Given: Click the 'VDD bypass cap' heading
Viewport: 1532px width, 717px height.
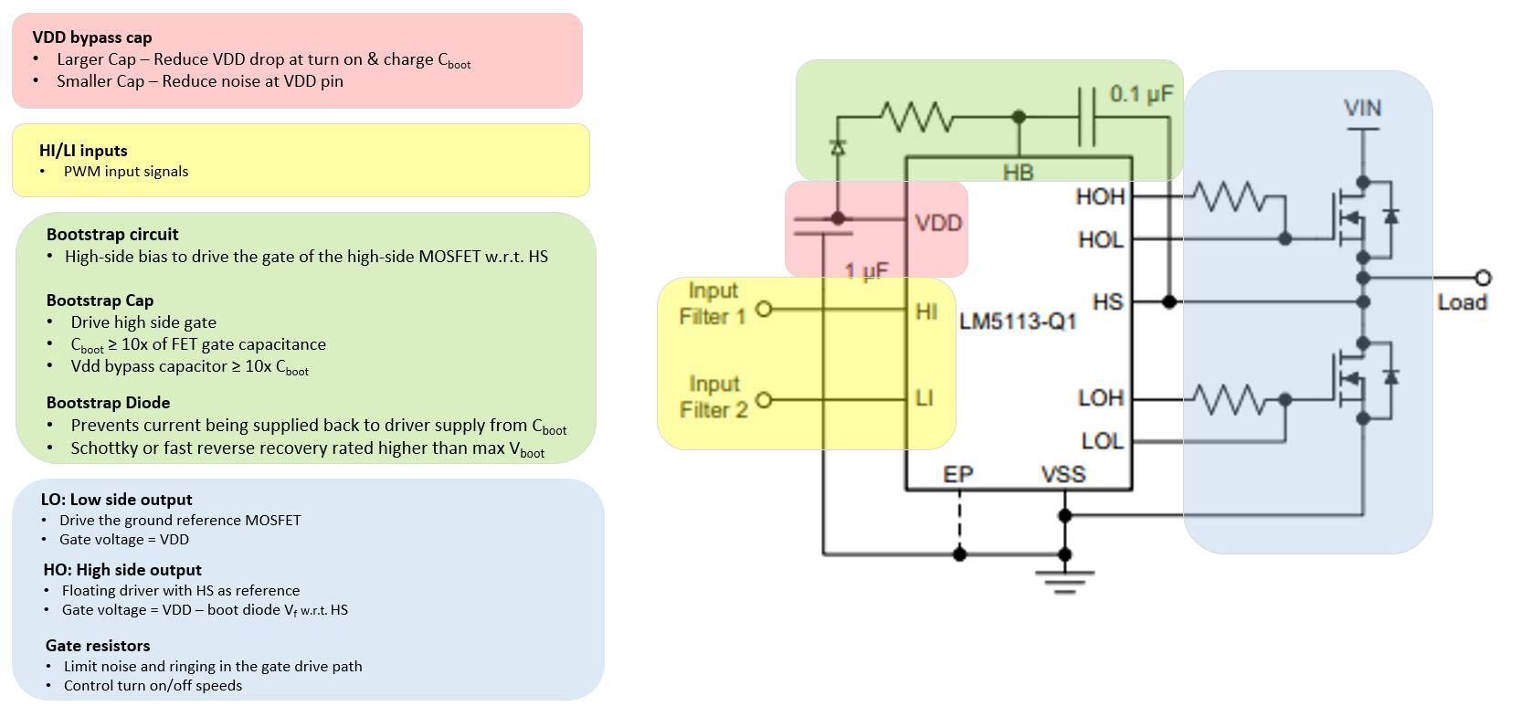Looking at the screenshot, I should point(92,37).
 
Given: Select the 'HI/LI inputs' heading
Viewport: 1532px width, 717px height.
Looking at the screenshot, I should point(83,151).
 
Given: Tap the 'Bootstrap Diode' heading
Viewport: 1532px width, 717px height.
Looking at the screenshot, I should point(108,403).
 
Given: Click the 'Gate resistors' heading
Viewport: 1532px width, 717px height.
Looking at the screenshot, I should point(98,646).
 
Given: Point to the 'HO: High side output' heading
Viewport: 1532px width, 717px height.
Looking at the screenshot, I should point(122,570).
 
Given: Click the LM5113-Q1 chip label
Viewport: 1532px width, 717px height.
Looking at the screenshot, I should point(1018,322).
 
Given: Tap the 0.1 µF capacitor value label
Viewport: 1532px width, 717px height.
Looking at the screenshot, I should point(1141,94).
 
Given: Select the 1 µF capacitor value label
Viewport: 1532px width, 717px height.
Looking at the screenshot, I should point(866,270).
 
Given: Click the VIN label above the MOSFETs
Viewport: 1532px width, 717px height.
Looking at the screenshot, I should point(1362,108).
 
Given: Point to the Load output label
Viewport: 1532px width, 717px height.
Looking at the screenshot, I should point(1462,302).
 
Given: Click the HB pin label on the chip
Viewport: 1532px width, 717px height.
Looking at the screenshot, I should point(1018,172).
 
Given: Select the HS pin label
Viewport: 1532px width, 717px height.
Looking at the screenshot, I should point(1107,301).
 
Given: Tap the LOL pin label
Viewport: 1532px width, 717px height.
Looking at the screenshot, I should point(1102,441).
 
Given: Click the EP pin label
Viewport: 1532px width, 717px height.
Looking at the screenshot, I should point(958,474).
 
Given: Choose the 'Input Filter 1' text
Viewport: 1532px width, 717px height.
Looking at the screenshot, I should point(713,303).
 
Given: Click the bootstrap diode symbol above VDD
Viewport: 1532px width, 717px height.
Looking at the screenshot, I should point(837,148).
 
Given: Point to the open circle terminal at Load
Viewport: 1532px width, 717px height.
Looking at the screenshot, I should point(1483,278).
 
